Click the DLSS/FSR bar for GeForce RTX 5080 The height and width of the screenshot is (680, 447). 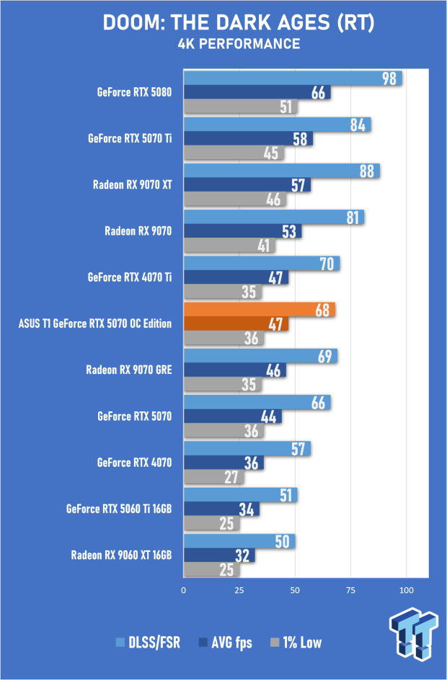click(x=293, y=78)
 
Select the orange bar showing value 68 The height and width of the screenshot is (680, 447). click(x=259, y=310)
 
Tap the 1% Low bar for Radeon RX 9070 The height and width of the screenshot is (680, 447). click(x=229, y=246)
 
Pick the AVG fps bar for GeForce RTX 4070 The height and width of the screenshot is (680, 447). click(x=223, y=462)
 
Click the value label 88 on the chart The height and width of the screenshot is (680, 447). click(x=367, y=171)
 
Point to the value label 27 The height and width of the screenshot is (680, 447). click(x=231, y=478)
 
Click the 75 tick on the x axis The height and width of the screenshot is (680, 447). click(x=350, y=590)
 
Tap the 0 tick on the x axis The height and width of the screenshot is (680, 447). click(x=184, y=590)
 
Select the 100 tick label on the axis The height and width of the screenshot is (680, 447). click(x=406, y=590)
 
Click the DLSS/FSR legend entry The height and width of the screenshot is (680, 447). click(x=148, y=643)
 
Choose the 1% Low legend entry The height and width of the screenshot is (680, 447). click(x=296, y=643)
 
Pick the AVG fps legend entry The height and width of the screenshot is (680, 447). click(x=225, y=643)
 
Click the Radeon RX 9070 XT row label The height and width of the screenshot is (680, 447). click(x=133, y=184)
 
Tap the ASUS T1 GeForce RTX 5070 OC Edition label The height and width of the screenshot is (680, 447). click(x=95, y=323)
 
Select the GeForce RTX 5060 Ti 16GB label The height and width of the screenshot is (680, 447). click(x=119, y=509)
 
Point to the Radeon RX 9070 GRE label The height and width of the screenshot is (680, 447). click(x=129, y=370)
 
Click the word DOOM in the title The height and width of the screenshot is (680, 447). click(x=133, y=23)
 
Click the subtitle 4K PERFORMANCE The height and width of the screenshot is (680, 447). click(x=239, y=44)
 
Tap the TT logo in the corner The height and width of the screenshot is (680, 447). click(x=413, y=633)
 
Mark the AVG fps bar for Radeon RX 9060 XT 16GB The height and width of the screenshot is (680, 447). click(x=219, y=555)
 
